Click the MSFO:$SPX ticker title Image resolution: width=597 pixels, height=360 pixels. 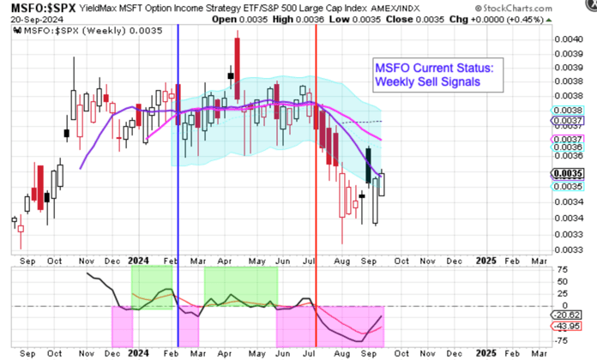[x=35, y=8]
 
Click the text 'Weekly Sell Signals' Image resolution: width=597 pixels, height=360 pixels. [x=426, y=81]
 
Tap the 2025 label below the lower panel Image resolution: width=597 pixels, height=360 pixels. [x=485, y=352]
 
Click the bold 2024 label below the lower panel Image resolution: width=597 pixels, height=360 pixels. [x=136, y=352]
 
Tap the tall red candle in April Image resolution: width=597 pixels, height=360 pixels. [x=235, y=57]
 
